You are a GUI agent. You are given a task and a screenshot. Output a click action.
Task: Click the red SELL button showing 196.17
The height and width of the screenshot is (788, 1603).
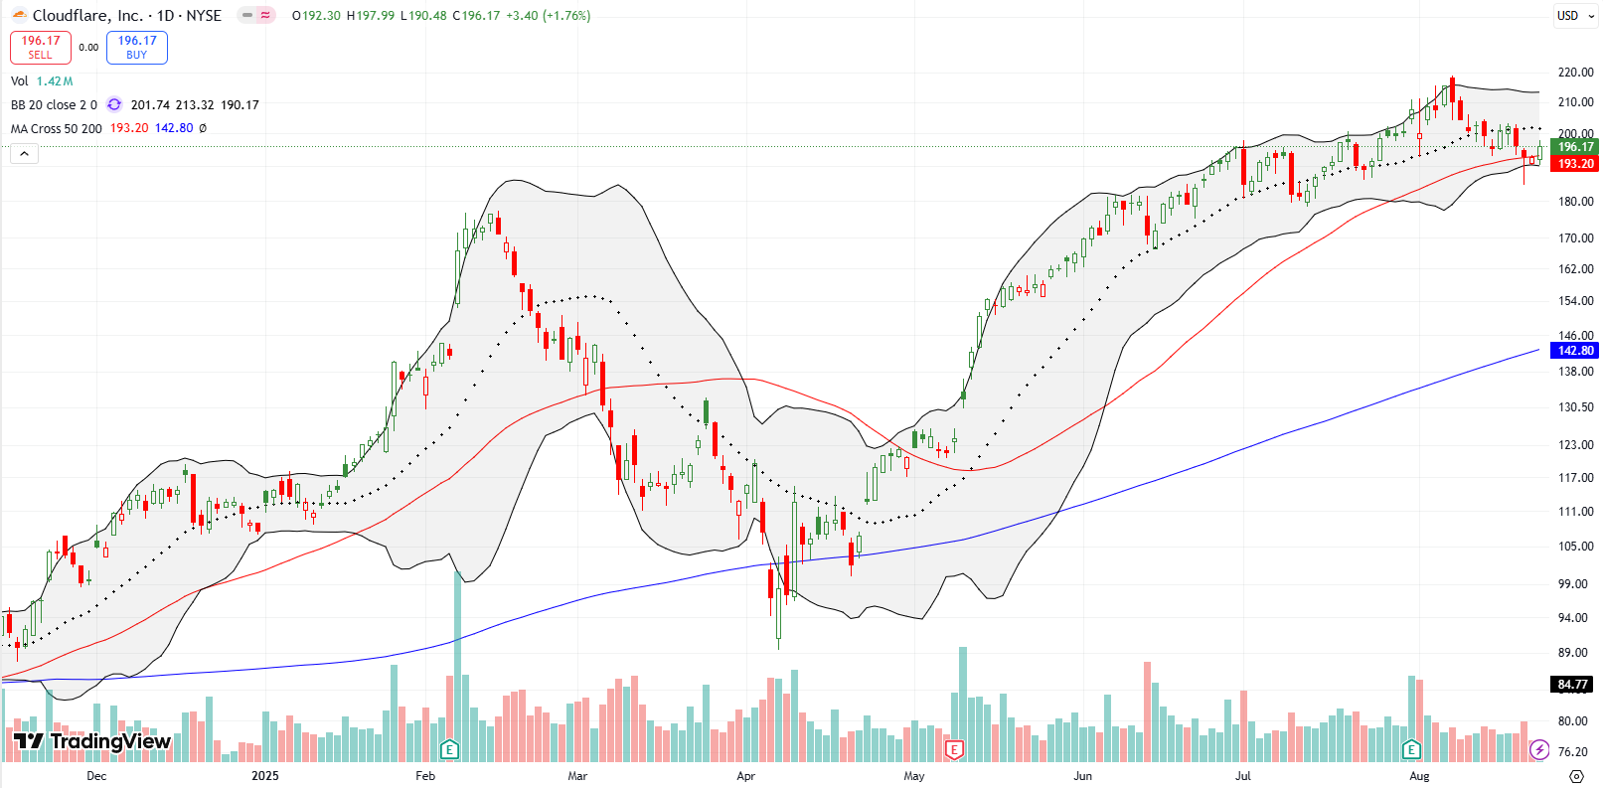coord(41,47)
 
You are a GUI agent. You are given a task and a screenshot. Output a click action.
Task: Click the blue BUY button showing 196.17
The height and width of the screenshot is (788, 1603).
coord(137,47)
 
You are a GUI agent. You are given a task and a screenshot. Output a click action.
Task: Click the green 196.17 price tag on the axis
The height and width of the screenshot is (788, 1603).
coord(1575,147)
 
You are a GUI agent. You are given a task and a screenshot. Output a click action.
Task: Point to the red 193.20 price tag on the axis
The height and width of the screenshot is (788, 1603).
coord(1575,164)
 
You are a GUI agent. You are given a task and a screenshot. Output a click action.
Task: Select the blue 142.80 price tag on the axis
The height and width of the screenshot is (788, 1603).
coord(1575,351)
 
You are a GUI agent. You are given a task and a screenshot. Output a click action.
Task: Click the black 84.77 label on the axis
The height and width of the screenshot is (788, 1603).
coord(1573,685)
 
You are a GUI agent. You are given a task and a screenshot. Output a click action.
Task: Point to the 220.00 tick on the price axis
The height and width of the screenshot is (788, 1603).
coord(1575,73)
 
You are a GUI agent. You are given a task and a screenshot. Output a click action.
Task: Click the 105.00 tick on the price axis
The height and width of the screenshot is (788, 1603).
coord(1575,547)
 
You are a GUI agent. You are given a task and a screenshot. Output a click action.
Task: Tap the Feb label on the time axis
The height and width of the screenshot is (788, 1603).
coord(425,776)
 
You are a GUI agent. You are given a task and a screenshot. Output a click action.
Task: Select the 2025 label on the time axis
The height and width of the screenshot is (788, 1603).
coord(265,776)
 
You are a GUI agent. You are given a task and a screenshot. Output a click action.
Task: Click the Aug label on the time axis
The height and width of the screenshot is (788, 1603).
coord(1419,776)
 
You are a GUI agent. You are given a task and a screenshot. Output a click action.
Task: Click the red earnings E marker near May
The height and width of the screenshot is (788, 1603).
coord(954,749)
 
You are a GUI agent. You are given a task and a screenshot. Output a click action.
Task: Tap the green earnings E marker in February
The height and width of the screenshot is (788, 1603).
coord(449,749)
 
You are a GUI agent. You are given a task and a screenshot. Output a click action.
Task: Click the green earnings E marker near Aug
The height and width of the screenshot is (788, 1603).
coord(1411,749)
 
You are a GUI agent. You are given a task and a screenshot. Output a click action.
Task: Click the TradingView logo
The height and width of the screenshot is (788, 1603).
coord(92,741)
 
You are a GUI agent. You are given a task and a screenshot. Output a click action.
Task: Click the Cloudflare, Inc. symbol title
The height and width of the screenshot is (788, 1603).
coord(87,15)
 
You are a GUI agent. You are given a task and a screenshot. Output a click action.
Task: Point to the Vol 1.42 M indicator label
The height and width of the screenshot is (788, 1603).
coord(42,81)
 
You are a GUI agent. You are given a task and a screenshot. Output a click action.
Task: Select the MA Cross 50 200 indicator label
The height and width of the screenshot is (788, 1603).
coord(57,128)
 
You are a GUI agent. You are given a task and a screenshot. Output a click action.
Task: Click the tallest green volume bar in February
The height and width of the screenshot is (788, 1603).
coord(457,666)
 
